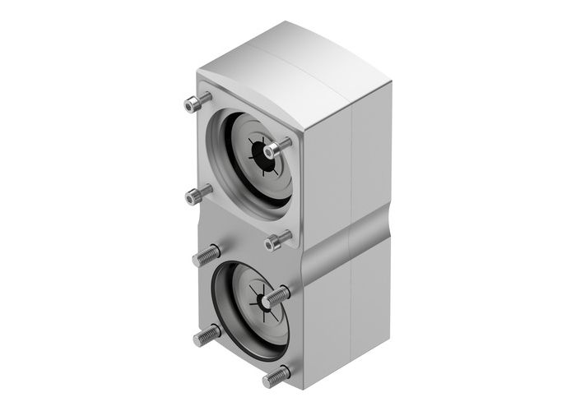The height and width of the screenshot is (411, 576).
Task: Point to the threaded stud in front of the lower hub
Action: (x=278, y=293)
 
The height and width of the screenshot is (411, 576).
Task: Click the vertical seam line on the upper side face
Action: (x=352, y=164)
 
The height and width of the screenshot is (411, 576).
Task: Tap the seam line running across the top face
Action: (x=309, y=62)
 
